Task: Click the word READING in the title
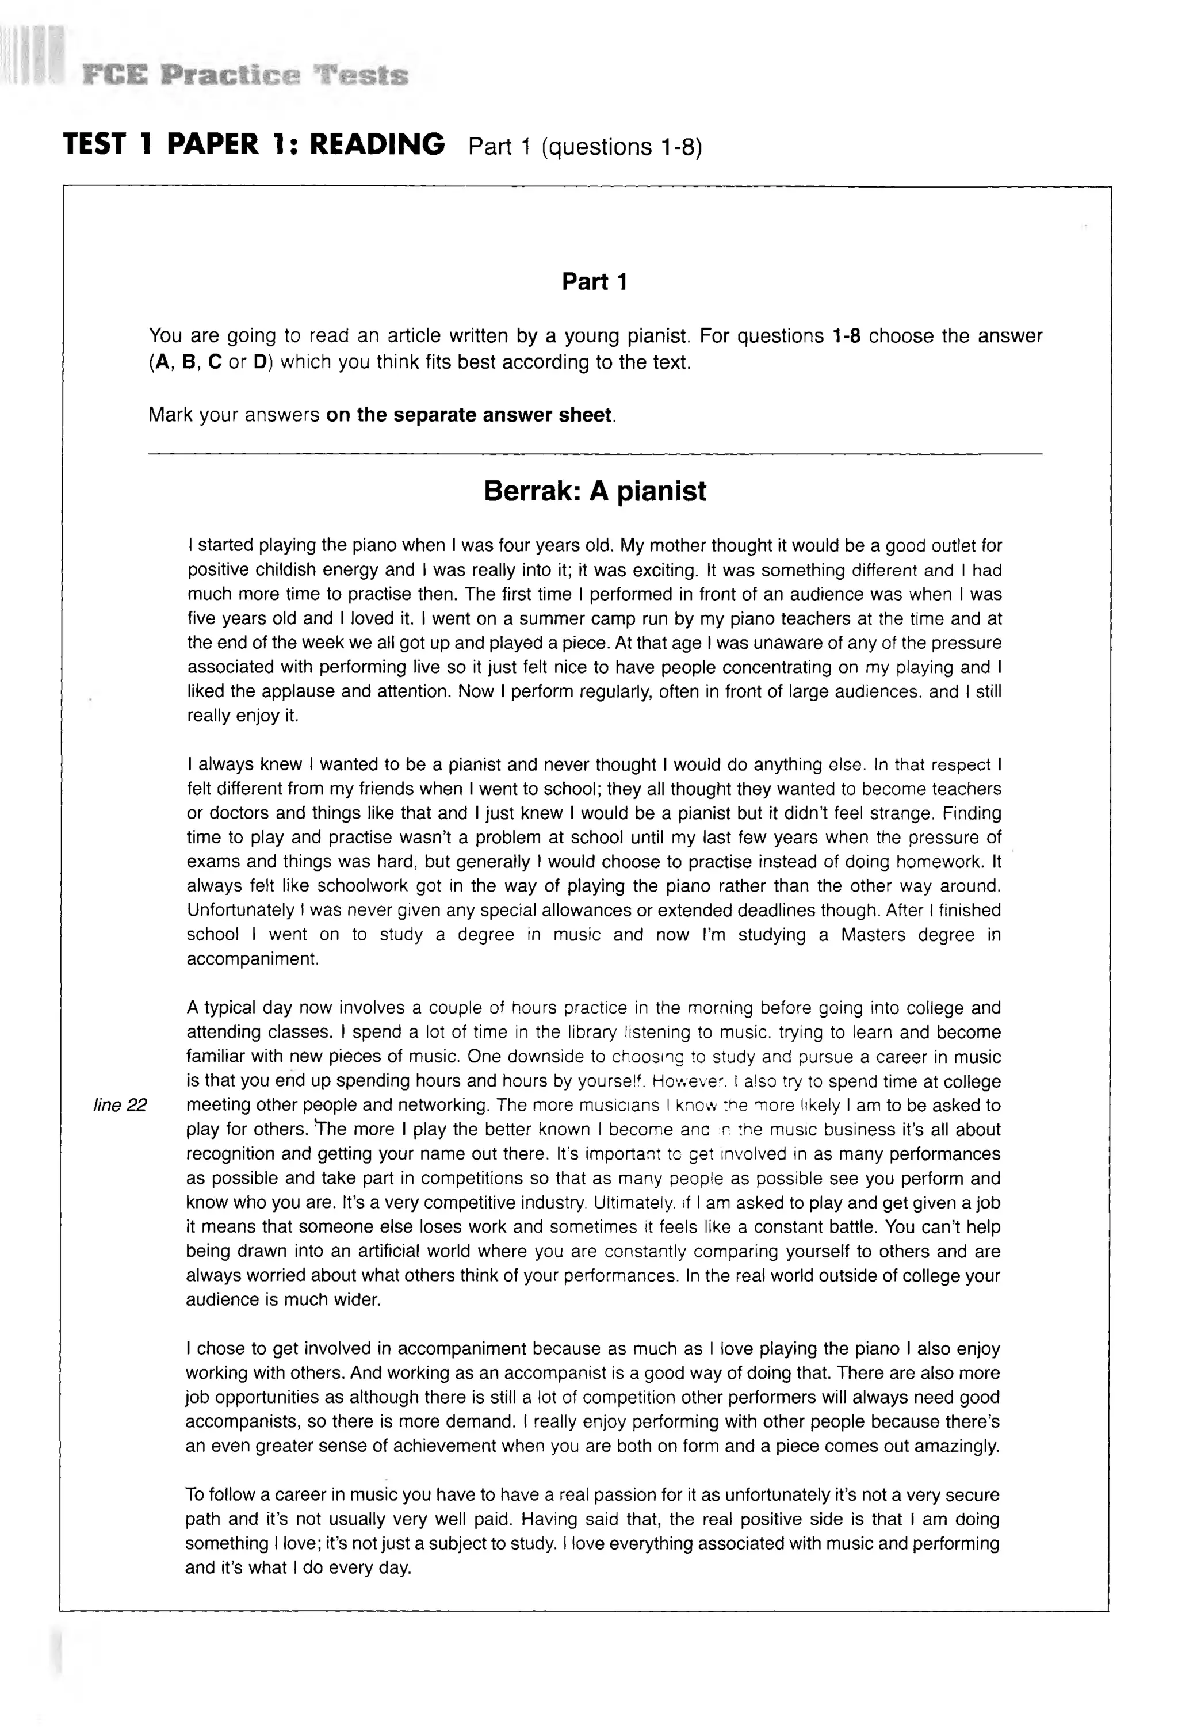(x=377, y=143)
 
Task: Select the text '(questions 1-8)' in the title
(x=621, y=147)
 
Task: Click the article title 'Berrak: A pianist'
(x=595, y=491)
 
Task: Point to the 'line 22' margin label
(x=120, y=1105)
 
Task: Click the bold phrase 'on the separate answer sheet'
(x=471, y=415)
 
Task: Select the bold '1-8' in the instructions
(x=846, y=336)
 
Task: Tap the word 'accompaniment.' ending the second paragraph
(x=253, y=959)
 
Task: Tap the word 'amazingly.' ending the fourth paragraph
(x=956, y=1446)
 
